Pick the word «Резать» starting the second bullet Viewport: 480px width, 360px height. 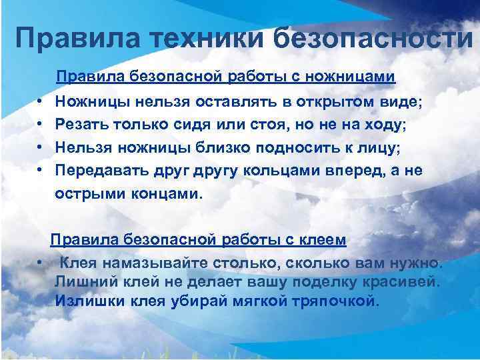[x=79, y=124]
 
